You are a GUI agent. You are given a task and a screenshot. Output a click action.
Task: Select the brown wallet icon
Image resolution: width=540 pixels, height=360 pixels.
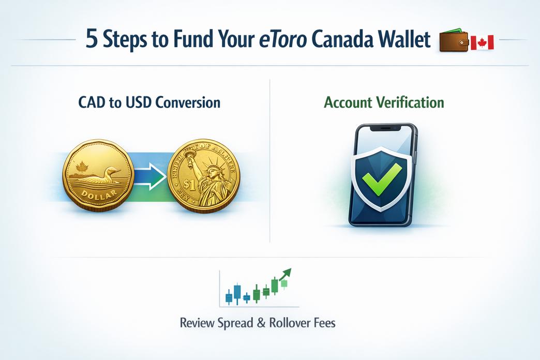pos(453,42)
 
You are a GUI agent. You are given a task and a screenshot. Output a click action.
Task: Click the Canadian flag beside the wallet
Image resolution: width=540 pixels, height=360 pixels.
pos(482,43)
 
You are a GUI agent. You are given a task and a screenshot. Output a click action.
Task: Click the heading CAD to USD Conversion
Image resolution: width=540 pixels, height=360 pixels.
pos(149,102)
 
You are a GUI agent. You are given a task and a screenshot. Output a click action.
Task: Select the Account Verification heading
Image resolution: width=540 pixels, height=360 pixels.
pos(384,102)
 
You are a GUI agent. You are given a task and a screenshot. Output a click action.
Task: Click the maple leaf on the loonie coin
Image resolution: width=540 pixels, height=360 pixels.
pos(81,168)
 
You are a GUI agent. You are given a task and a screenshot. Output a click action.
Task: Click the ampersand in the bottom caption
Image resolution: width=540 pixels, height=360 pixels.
pos(260,323)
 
